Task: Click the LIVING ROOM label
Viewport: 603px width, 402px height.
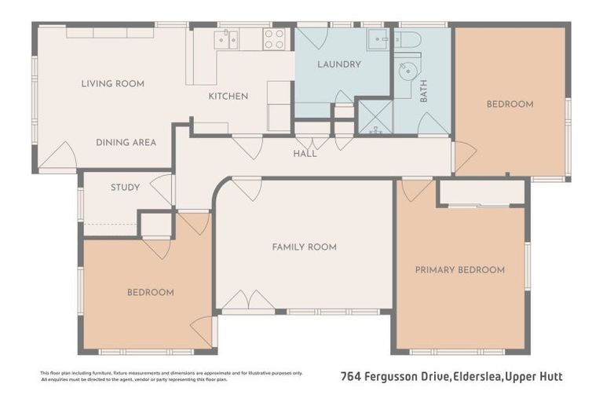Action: tap(112, 83)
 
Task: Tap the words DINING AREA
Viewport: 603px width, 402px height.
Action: tap(126, 142)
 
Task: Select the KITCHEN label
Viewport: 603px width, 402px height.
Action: tap(228, 96)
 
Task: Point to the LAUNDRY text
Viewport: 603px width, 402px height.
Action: tap(338, 64)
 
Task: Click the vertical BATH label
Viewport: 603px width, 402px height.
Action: tap(424, 94)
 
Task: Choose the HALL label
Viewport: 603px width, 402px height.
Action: tap(305, 154)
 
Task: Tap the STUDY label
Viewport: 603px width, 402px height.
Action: tap(125, 187)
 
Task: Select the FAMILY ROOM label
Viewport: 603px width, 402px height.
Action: tap(304, 247)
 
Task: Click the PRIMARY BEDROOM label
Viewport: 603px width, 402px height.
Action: tap(459, 269)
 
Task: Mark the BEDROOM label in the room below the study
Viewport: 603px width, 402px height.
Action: tap(150, 292)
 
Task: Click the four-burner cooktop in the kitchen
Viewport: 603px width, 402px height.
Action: tap(274, 39)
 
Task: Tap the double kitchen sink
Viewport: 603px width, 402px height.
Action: tap(227, 39)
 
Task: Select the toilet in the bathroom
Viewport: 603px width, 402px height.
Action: tap(408, 39)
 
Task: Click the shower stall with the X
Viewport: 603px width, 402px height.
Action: tap(375, 117)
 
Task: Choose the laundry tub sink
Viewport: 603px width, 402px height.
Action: tap(378, 40)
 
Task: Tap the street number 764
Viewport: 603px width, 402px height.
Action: tap(353, 376)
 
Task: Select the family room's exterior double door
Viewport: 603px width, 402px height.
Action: tap(248, 301)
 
